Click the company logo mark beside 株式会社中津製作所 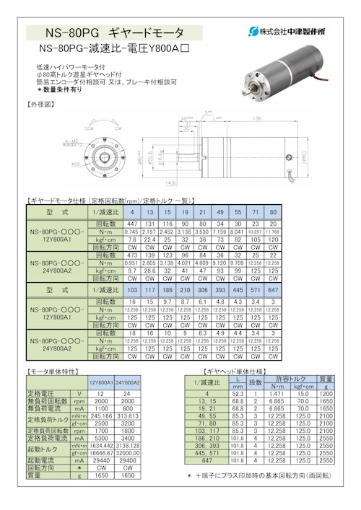(x=252, y=32)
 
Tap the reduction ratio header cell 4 (x=132, y=212)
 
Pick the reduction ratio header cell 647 (x=273, y=289)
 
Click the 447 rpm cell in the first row (x=132, y=224)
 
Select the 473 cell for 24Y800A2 (x=132, y=255)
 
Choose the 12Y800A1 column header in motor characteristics (x=100, y=382)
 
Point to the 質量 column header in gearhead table (x=326, y=379)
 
